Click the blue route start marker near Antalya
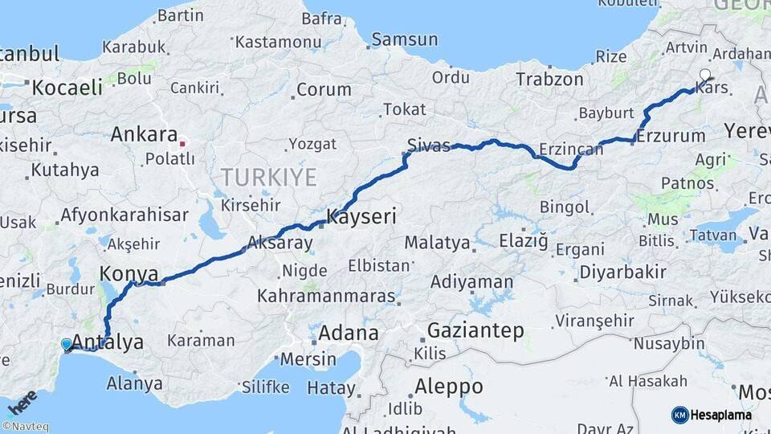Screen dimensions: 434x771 tap(67, 344)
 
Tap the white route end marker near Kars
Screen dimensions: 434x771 tap(705, 76)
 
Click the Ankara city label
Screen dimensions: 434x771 tap(143, 134)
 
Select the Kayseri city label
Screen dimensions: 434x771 tap(361, 218)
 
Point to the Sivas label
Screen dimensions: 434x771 tap(428, 145)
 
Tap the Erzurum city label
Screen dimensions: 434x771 tap(671, 136)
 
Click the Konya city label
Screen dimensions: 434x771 tap(128, 273)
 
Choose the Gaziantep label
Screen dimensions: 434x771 tap(475, 330)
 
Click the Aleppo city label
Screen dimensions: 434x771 tap(448, 387)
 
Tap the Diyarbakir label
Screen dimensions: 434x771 tap(622, 272)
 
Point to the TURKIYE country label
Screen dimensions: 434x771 tap(268, 177)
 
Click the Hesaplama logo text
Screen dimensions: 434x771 tap(721, 415)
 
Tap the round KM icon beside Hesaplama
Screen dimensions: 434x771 tap(679, 415)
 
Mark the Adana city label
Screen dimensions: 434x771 tap(348, 333)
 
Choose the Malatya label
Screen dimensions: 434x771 tap(437, 242)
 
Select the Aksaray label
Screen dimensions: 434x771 tap(279, 241)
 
